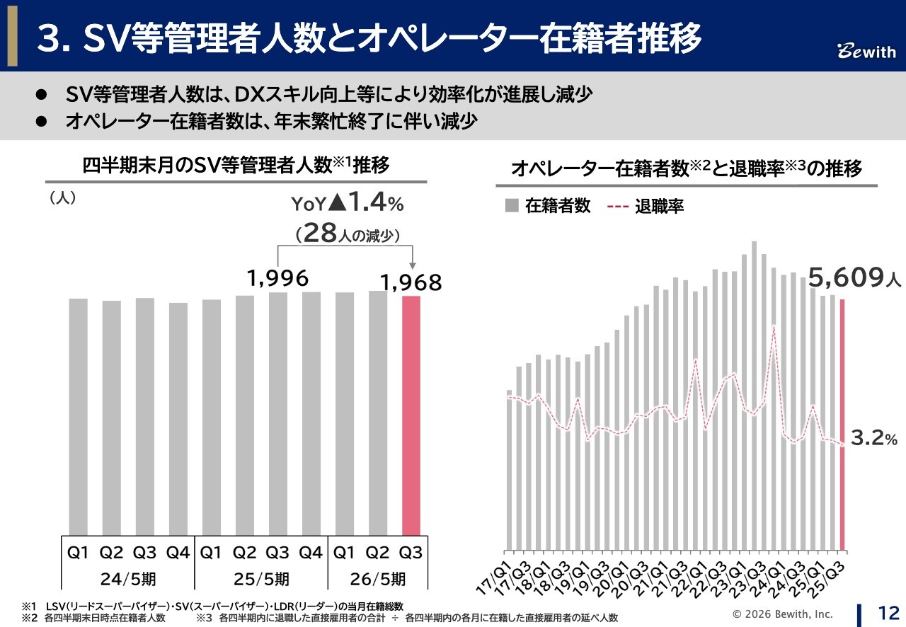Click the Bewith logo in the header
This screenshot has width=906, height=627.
[866, 52]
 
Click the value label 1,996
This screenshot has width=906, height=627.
[278, 278]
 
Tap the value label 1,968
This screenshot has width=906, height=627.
[411, 283]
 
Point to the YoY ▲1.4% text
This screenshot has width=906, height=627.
[348, 204]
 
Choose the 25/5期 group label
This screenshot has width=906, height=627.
[260, 579]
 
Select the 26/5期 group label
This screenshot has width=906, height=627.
[378, 579]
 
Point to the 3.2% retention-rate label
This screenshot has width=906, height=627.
[873, 439]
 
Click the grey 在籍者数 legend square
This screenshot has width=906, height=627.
[511, 206]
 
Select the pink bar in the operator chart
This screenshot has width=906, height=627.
[842, 424]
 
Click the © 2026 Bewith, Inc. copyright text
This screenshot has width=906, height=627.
[783, 614]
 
